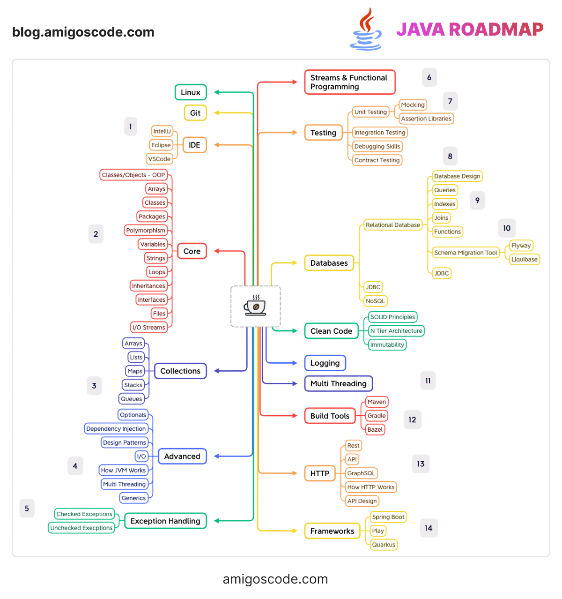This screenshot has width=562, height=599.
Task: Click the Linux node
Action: tap(191, 92)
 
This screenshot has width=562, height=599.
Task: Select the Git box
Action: tap(195, 113)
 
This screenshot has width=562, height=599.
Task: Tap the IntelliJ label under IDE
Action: tap(162, 131)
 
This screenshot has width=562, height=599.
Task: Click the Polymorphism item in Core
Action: tap(146, 231)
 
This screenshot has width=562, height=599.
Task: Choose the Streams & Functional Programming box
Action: tap(349, 82)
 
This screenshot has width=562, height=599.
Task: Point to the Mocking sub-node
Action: tap(413, 105)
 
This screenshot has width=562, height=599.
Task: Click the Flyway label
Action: tap(521, 246)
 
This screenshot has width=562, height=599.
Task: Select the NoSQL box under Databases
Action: tap(375, 301)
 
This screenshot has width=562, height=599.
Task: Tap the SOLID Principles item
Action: tap(392, 317)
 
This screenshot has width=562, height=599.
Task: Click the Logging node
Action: tap(325, 363)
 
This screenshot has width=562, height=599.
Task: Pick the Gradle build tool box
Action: tap(377, 416)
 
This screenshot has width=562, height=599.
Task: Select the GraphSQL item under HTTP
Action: tap(361, 473)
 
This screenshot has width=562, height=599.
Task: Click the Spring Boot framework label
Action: tap(388, 517)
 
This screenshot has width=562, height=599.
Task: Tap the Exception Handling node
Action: tap(165, 521)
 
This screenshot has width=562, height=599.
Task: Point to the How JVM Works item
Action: tap(124, 470)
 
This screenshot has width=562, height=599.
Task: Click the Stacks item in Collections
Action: tap(133, 385)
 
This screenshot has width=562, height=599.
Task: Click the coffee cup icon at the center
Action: tap(255, 306)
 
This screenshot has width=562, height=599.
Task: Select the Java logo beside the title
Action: tap(366, 30)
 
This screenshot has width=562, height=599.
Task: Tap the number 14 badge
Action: tap(429, 528)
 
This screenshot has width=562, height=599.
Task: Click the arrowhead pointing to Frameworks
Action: tap(295, 531)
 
